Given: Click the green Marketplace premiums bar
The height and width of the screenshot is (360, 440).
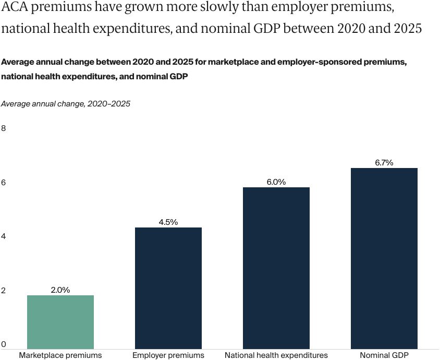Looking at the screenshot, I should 60,322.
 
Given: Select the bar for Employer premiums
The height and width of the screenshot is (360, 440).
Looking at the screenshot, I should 168,288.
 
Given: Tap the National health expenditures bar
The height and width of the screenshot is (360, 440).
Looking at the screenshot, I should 276,268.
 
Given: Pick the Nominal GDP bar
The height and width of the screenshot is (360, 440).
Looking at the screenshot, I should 384,258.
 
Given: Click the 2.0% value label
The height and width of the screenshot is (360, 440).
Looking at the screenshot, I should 60,290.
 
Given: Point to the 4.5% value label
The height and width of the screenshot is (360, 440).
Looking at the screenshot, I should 168,222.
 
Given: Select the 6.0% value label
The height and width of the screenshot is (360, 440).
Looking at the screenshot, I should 276,182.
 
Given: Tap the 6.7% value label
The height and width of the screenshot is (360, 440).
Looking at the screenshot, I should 384,163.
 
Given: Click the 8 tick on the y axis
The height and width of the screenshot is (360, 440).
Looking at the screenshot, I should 4,128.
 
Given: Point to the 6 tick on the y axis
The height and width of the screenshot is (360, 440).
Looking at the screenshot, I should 4,183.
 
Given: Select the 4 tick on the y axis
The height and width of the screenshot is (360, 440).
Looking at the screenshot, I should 4,236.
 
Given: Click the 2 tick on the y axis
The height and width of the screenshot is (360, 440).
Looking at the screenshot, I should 4,291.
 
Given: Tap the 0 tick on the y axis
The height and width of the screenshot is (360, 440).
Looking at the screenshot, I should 4,344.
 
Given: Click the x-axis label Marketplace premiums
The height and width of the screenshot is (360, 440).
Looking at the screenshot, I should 60,355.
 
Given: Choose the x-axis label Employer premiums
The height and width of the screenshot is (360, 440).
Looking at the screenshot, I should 168,355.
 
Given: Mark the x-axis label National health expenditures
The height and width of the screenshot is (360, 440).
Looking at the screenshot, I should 276,355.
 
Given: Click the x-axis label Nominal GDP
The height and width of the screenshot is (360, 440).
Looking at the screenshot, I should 384,355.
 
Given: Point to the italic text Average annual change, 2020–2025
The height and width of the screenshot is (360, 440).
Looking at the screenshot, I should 66,104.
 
